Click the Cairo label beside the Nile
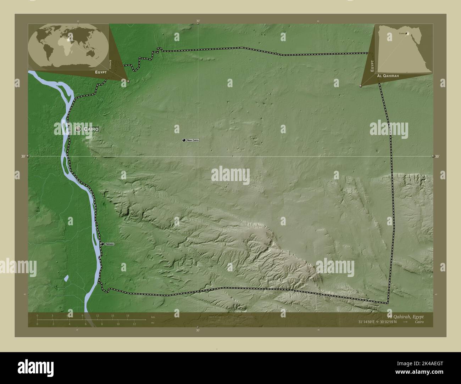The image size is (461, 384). click(91, 129)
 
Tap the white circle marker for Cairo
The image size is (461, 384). click(78, 129)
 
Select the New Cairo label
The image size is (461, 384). click(193, 140)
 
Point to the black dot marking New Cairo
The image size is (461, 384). click(184, 141)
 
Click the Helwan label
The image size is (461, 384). click(109, 244)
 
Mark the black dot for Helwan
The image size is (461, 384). click(102, 244)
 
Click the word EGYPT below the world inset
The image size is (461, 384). click(101, 72)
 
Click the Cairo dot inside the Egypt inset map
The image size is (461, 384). click(406, 34)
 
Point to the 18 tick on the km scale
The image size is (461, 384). click(127, 315)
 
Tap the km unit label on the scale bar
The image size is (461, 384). click(153, 317)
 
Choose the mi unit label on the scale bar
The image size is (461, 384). click(153, 322)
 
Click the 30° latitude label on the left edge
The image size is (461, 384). click(23, 156)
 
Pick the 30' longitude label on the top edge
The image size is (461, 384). click(198, 21)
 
